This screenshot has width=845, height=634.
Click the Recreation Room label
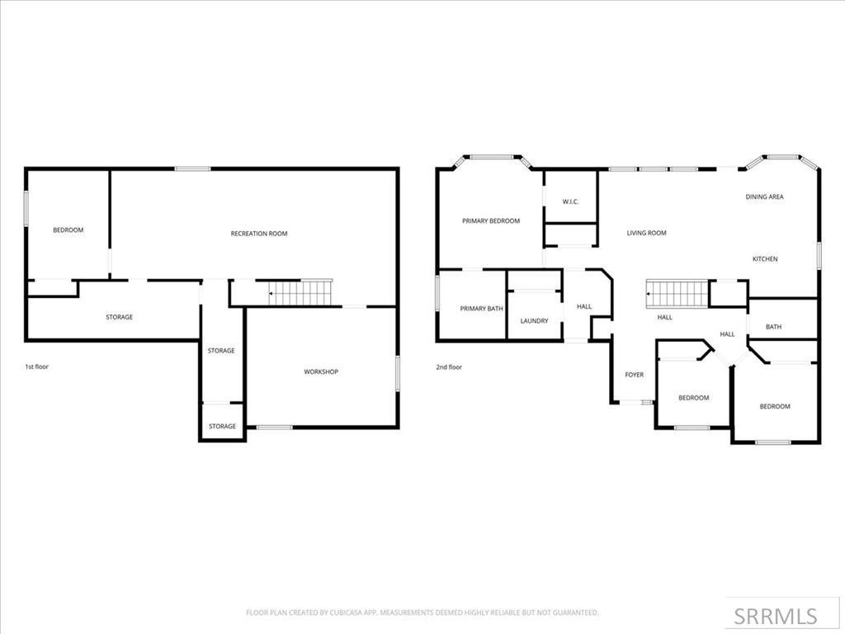pos(258,234)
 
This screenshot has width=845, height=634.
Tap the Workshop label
pos(321,372)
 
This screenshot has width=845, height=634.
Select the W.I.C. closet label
pos(570,201)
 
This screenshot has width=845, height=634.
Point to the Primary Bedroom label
pos(491,221)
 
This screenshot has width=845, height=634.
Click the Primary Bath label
pos(482,309)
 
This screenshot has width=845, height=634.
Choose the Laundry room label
pos(534,321)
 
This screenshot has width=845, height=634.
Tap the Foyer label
pos(634,375)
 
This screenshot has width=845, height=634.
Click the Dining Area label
pos(764,197)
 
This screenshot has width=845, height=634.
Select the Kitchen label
pos(764,259)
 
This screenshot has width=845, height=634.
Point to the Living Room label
pos(646,234)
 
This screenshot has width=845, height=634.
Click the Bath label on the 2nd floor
pos(773,327)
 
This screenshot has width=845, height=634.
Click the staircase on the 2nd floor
pos(677,292)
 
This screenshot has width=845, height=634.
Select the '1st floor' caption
pos(36,367)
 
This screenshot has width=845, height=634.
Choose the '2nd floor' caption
pos(449,367)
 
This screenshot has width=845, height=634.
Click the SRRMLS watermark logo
pos(776,616)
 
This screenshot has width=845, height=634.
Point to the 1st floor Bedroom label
pos(68,230)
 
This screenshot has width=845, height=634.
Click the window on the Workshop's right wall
pos(397,372)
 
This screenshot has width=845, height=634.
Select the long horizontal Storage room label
pos(119,317)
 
